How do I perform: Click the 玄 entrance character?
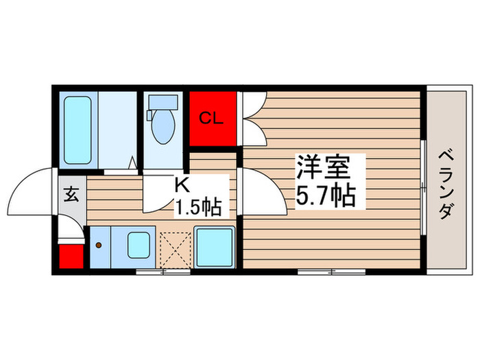72,193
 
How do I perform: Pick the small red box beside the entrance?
71,257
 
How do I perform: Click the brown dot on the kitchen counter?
99,245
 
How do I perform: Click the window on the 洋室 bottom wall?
331,272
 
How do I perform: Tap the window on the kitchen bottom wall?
163,272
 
